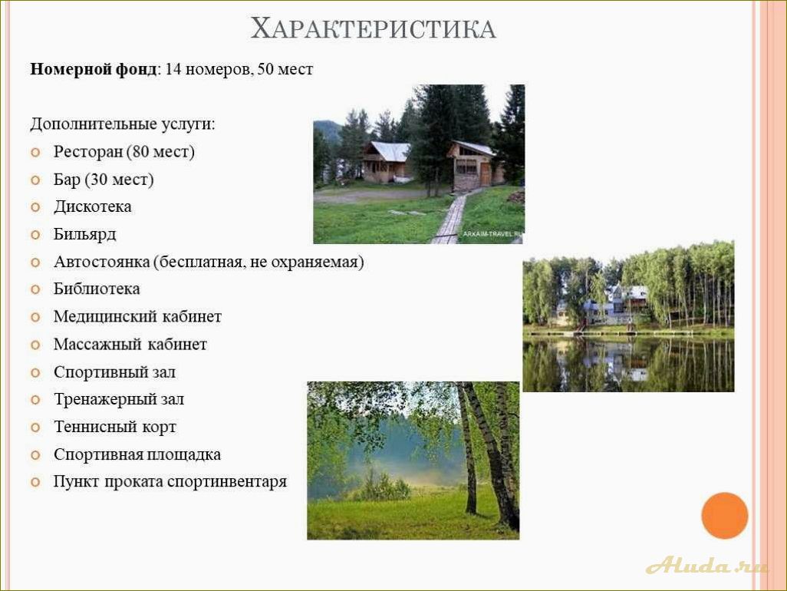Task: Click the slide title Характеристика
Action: (374, 28)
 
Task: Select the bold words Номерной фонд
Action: (94, 69)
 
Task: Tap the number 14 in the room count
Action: (173, 69)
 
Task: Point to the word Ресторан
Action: (88, 152)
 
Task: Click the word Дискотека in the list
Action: (92, 206)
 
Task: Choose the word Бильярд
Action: (85, 235)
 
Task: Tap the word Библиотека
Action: (97, 289)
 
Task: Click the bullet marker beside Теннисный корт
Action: (35, 428)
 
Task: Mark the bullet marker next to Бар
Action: (35, 180)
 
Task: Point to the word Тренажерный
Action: (104, 399)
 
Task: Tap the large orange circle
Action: (725, 516)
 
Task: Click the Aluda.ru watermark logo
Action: (706, 566)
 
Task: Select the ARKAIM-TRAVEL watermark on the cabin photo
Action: (492, 234)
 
